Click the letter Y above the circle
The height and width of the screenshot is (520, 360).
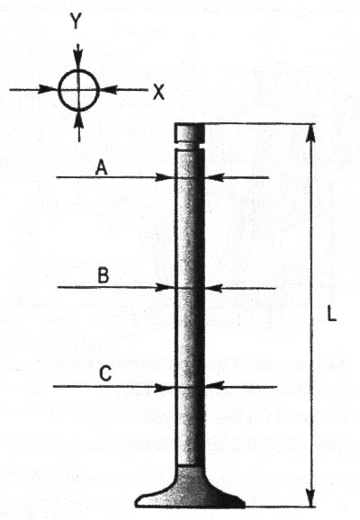(x=76, y=22)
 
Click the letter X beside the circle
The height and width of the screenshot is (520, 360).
(x=158, y=92)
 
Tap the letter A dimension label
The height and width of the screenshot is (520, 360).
(x=102, y=168)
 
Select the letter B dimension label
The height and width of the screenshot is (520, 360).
(x=103, y=275)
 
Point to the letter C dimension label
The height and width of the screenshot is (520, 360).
(x=105, y=375)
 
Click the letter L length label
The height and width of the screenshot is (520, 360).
(x=332, y=314)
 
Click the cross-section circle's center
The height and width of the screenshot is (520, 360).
(x=79, y=90)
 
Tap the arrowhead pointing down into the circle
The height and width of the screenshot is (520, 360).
(x=78, y=59)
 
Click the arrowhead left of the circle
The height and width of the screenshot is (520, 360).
(x=48, y=89)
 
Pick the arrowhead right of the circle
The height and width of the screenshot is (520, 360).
(x=110, y=90)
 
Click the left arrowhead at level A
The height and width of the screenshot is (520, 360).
(x=165, y=177)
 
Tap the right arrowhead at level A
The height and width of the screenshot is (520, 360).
(x=215, y=178)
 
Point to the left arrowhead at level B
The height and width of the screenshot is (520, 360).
(x=166, y=288)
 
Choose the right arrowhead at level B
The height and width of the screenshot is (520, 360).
(x=215, y=288)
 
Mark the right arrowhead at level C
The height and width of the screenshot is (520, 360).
(x=215, y=386)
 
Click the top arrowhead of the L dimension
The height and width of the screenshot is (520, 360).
(x=310, y=134)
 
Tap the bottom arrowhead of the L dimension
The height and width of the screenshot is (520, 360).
(x=310, y=497)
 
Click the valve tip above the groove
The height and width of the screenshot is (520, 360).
(x=190, y=132)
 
